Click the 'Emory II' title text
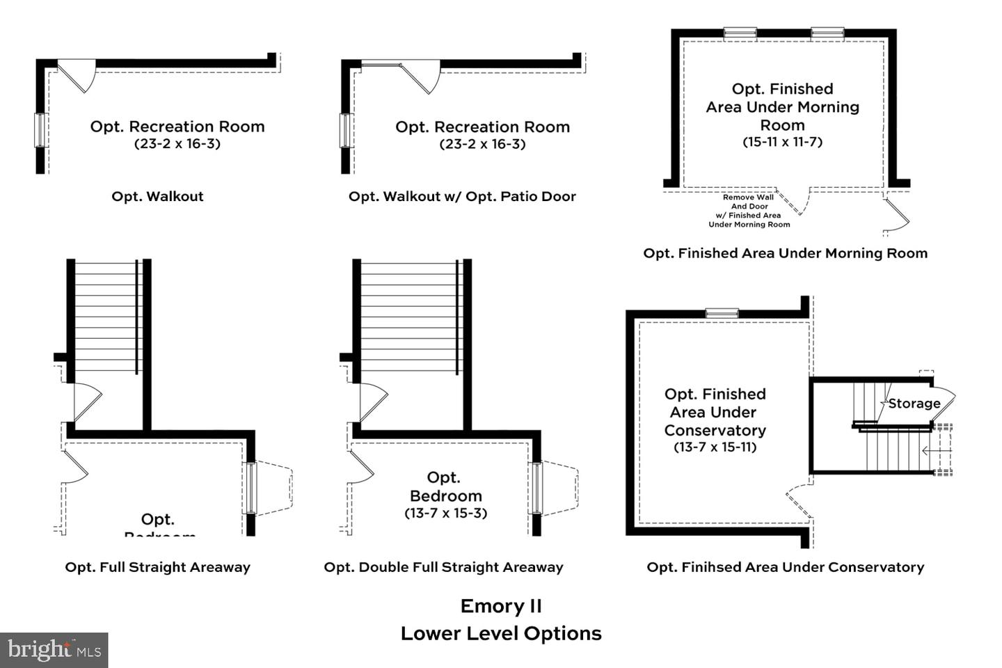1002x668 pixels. click(x=500, y=606)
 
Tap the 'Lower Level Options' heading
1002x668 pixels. click(x=500, y=633)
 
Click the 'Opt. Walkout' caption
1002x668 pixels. click(x=157, y=196)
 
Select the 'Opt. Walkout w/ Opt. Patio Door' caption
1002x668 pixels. click(x=462, y=196)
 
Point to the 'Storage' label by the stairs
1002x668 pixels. click(x=914, y=404)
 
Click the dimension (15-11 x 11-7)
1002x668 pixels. click(x=782, y=142)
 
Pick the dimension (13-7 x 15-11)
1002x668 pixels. click(x=715, y=447)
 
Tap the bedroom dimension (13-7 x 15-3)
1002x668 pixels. click(x=445, y=514)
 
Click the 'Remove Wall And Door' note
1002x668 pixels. click(x=749, y=211)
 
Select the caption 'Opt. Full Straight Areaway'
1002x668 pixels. click(x=157, y=567)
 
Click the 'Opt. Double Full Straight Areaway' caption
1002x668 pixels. click(x=443, y=567)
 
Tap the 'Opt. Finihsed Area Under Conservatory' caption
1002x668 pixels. click(x=785, y=567)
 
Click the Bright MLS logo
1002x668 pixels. click(x=54, y=650)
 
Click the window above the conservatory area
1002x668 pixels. click(x=722, y=313)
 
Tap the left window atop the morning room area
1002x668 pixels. click(x=740, y=33)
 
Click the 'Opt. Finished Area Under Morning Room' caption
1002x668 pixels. click(x=785, y=253)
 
